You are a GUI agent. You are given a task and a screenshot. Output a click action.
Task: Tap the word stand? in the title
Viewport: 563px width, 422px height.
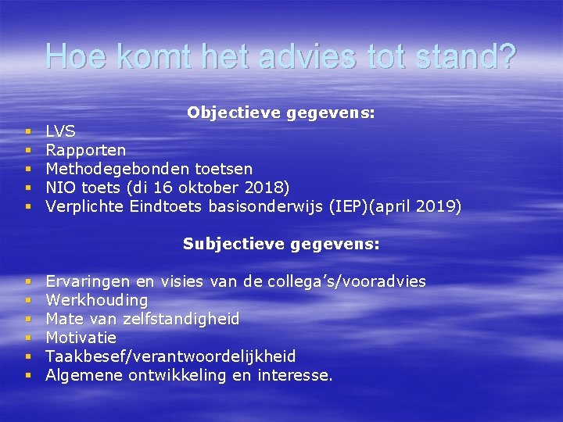point(467,56)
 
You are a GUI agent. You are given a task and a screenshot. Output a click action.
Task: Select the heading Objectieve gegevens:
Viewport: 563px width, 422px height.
point(281,113)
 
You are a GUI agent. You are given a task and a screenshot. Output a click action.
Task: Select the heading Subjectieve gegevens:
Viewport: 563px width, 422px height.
point(281,244)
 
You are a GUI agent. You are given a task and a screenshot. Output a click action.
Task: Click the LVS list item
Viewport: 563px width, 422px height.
point(61,131)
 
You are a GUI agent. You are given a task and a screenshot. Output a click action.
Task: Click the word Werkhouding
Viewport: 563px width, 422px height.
point(97,300)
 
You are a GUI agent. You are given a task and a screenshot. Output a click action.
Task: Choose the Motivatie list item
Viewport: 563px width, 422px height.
point(81,338)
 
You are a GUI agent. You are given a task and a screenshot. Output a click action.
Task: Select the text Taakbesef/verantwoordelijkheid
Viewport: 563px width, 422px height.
point(170,356)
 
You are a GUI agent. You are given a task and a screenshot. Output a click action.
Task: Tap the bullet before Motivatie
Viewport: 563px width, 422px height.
point(27,338)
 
